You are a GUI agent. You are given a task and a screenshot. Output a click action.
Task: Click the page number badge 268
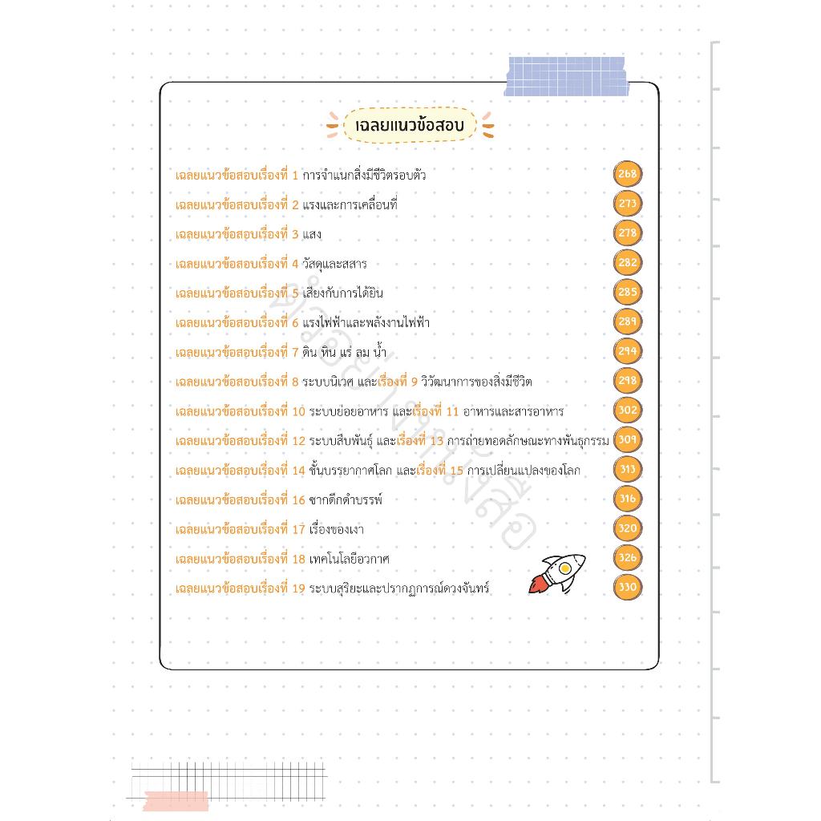pyautogui.click(x=627, y=174)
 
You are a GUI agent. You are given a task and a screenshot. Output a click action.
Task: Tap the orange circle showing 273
pyautogui.click(x=627, y=204)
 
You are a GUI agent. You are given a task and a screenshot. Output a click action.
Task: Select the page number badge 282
pyautogui.click(x=627, y=262)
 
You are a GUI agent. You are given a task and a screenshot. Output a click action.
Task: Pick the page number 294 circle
pyautogui.click(x=627, y=351)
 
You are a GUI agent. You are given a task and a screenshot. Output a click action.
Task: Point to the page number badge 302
pyautogui.click(x=627, y=410)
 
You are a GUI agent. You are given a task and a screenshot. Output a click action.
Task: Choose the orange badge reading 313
pyautogui.click(x=627, y=469)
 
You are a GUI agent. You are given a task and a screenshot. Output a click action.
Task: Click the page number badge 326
pyautogui.click(x=627, y=558)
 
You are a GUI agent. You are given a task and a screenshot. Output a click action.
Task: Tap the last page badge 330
pyautogui.click(x=627, y=587)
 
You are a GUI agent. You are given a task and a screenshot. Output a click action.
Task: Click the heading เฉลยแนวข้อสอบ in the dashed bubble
pyautogui.click(x=410, y=126)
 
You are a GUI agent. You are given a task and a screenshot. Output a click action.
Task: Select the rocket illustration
pyautogui.click(x=557, y=574)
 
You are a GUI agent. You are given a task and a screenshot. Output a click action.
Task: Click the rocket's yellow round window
pyautogui.click(x=564, y=568)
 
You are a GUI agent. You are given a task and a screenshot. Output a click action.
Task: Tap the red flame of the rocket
pyautogui.click(x=536, y=584)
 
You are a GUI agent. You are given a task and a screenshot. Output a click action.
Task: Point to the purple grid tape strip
pyautogui.click(x=566, y=76)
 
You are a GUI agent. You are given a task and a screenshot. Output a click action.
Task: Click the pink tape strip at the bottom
pyautogui.click(x=176, y=800)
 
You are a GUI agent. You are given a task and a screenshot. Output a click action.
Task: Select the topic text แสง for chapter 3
pyautogui.click(x=312, y=234)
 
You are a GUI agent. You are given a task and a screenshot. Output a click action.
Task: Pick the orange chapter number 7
pyautogui.click(x=295, y=353)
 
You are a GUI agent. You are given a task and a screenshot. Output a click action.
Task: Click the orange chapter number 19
pyautogui.click(x=298, y=588)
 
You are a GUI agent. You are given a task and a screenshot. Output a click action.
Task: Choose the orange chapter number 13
pyautogui.click(x=437, y=441)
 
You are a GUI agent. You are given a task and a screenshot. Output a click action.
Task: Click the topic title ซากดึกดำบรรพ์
pyautogui.click(x=346, y=499)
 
